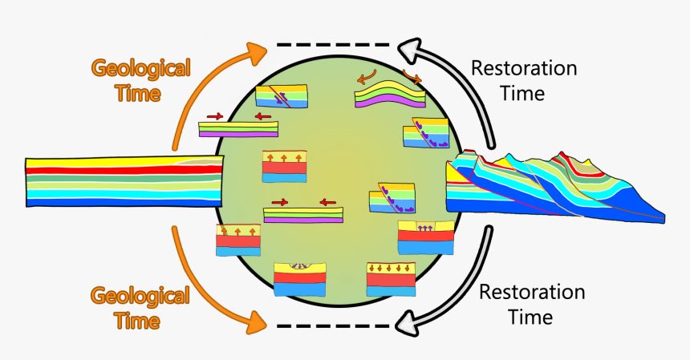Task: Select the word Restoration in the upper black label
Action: click(523, 68)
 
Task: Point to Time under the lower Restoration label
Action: click(526, 317)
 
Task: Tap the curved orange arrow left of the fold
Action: click(367, 78)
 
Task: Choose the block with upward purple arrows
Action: click(425, 237)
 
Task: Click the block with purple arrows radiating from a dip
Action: click(300, 277)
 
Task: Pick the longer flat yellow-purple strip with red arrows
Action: click(303, 214)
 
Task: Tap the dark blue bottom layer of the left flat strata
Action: click(120, 203)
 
